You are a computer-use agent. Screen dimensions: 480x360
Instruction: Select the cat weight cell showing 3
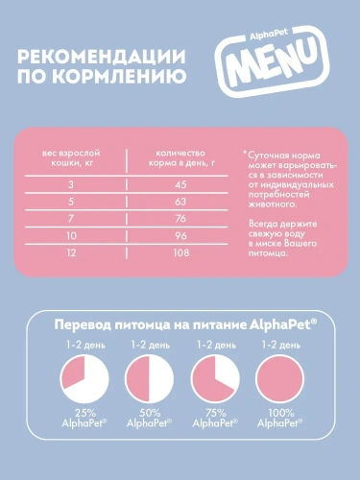pyautogui.click(x=70, y=183)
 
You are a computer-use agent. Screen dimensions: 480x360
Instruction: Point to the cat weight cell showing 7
pyautogui.click(x=70, y=218)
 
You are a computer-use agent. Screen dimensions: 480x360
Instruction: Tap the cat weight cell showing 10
pyautogui.click(x=70, y=235)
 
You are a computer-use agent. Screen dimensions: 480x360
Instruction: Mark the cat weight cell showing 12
pyautogui.click(x=70, y=252)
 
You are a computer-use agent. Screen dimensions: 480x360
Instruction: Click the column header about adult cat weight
pyautogui.click(x=70, y=157)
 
